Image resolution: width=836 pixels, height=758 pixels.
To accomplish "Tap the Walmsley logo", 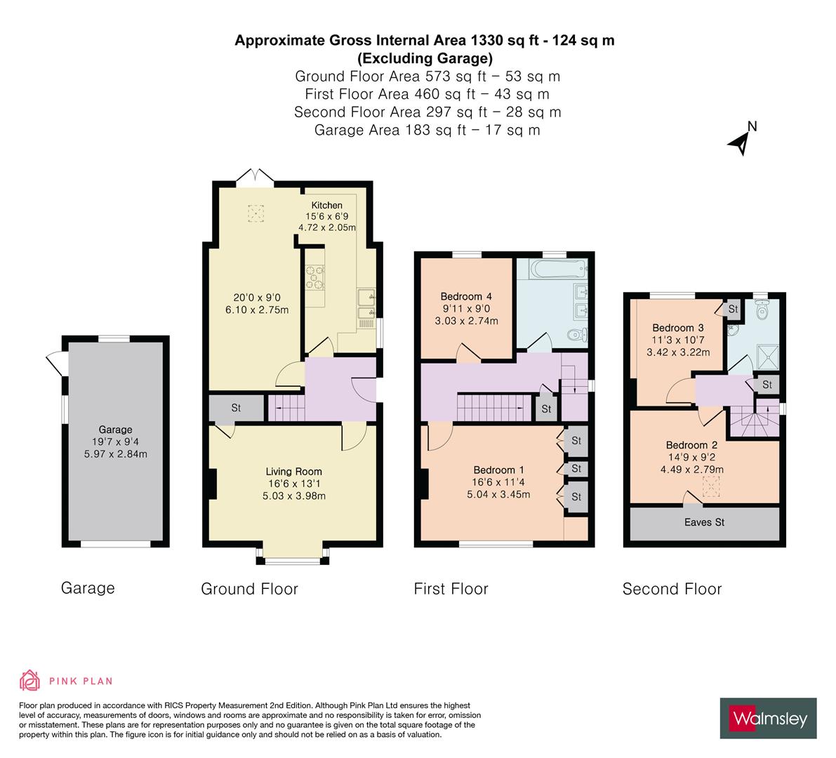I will point(768,719).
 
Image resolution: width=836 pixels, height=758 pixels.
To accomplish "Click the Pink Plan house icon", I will point(29,680).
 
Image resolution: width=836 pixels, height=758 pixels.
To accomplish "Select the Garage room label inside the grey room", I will point(115,430).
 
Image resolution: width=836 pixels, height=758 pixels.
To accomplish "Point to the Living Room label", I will point(293,472).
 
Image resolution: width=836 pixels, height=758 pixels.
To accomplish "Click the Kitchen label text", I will point(327,206).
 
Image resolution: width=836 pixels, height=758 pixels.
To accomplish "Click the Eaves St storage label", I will point(704,522).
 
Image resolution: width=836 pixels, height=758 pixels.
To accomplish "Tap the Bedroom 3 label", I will point(677,328).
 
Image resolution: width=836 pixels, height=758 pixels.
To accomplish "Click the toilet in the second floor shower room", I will point(762,308).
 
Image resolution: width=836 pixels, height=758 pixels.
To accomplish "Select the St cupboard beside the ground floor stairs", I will point(236,408).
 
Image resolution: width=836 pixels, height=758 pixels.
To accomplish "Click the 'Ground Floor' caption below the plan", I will point(249,589).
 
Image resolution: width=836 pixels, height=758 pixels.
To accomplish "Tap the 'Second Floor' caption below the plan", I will point(672,589).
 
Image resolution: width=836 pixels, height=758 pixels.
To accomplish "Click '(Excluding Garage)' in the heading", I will point(425,58).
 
